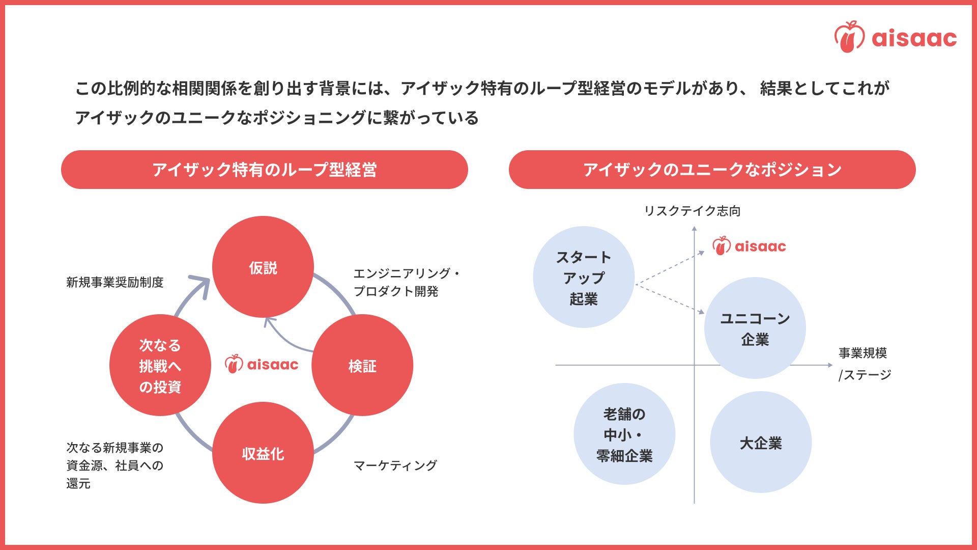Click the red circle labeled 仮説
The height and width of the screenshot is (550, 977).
point(263,267)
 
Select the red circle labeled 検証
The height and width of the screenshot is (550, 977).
point(362,365)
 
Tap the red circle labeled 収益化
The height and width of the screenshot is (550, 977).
point(263,453)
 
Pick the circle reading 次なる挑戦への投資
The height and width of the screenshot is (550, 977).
point(160,365)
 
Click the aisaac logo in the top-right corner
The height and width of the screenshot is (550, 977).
point(895,37)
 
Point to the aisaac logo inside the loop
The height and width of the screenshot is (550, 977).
point(262,364)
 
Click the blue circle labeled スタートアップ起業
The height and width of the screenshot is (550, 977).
point(583,277)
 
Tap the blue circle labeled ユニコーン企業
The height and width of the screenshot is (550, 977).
point(755,328)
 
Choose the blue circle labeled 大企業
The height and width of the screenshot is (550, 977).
point(760,442)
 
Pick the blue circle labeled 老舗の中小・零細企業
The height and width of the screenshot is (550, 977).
point(624,434)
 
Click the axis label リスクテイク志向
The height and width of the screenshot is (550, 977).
point(692,211)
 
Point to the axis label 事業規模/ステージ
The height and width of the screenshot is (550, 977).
point(864,364)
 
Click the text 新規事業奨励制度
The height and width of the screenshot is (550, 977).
point(115,282)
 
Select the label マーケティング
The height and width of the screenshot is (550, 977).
point(395,465)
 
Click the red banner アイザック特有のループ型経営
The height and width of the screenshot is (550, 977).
point(264,170)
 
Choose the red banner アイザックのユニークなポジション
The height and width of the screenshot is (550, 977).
point(712,170)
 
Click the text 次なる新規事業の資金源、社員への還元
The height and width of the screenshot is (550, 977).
point(115,465)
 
